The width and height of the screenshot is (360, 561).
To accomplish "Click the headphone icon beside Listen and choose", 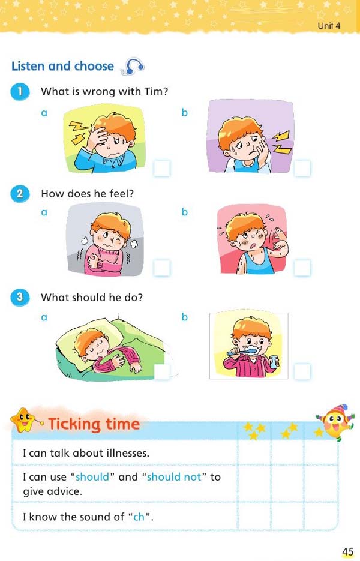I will [x=133, y=67].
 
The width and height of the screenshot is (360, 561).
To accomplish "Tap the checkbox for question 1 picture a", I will [x=162, y=169].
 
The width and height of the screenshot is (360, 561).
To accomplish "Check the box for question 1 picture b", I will [x=302, y=169].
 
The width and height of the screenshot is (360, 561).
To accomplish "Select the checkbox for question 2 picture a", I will [x=162, y=268].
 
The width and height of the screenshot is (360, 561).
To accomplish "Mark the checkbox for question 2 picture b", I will [x=302, y=268].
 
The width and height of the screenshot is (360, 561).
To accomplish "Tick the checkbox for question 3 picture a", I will [x=162, y=371].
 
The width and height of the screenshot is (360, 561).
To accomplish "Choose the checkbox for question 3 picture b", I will [x=302, y=371].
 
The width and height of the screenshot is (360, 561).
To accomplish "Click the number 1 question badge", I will [x=20, y=92].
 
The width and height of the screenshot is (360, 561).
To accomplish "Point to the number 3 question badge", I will [x=20, y=297].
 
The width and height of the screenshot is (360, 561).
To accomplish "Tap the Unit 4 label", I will [x=329, y=25].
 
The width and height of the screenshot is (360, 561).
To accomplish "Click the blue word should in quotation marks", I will [x=92, y=477].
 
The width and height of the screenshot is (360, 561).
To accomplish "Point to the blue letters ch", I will [x=139, y=517].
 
